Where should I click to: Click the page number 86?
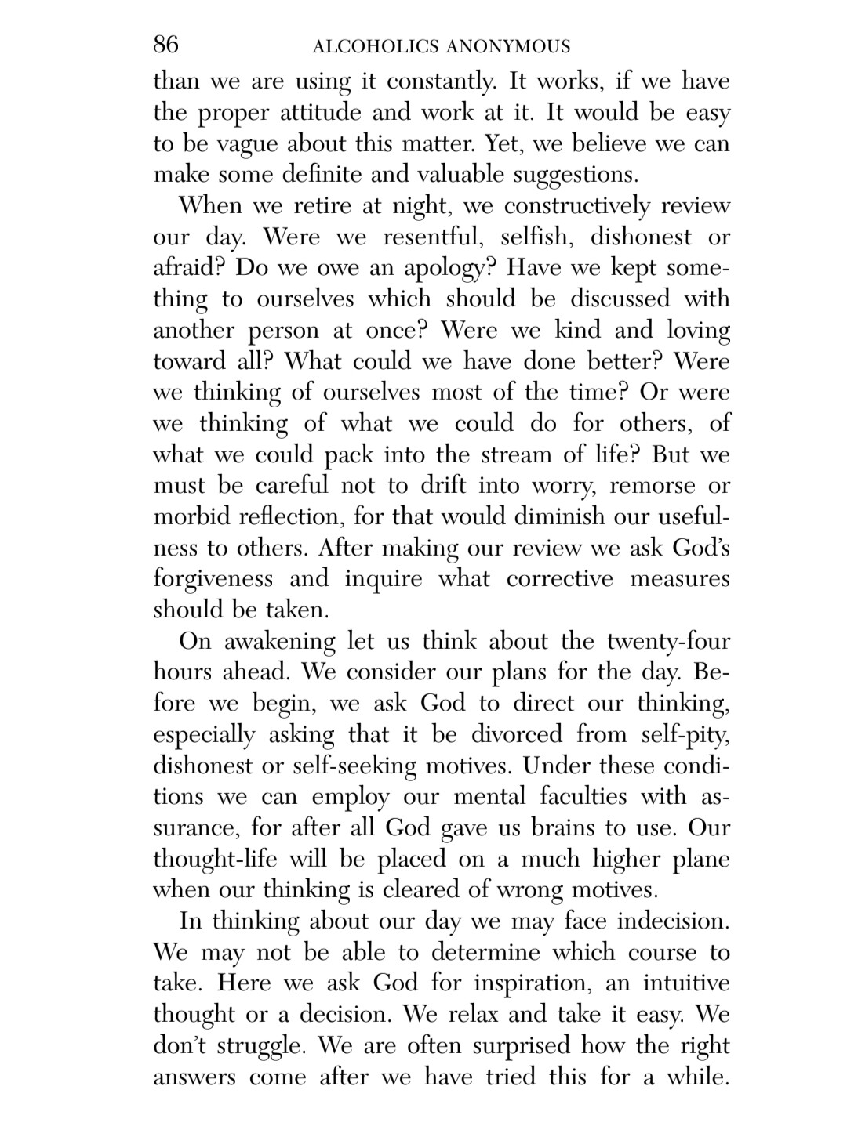[165, 45]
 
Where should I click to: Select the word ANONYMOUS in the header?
[507, 47]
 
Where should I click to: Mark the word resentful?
[432, 237]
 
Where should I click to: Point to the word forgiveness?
[213, 580]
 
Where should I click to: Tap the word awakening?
[279, 643]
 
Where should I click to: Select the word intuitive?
[686, 983]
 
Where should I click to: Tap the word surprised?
[502, 1046]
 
